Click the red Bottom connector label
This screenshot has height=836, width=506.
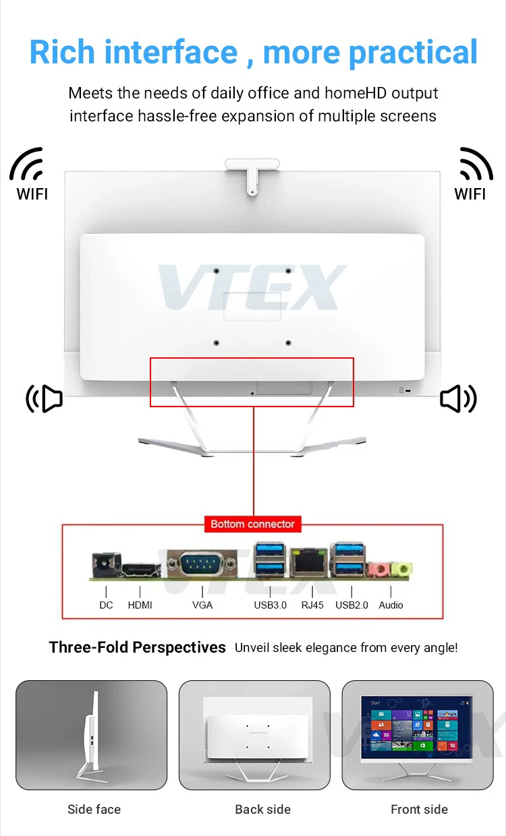pos(253,524)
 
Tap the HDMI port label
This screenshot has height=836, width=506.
pos(140,605)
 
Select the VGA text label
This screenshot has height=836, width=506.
pos(202,605)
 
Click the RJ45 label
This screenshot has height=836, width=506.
pos(312,605)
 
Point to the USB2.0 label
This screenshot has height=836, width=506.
pos(352,605)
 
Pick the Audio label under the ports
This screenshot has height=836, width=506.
pos(391,605)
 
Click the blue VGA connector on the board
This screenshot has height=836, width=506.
pos(202,564)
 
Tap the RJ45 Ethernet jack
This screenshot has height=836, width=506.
pos(309,562)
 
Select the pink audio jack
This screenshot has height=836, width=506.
pos(379,570)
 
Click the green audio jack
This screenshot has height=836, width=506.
pos(401,569)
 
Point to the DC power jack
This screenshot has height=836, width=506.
pos(107,566)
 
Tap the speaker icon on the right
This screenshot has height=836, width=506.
pos(458,398)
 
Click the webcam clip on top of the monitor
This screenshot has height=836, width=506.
pos(252,175)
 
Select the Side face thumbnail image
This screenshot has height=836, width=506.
pos(92,735)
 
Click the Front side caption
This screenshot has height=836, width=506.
pos(419,809)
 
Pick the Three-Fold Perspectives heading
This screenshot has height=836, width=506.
pos(138,647)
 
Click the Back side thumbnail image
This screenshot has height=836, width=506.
pos(254,735)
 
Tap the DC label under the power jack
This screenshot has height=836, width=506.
pos(106,605)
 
